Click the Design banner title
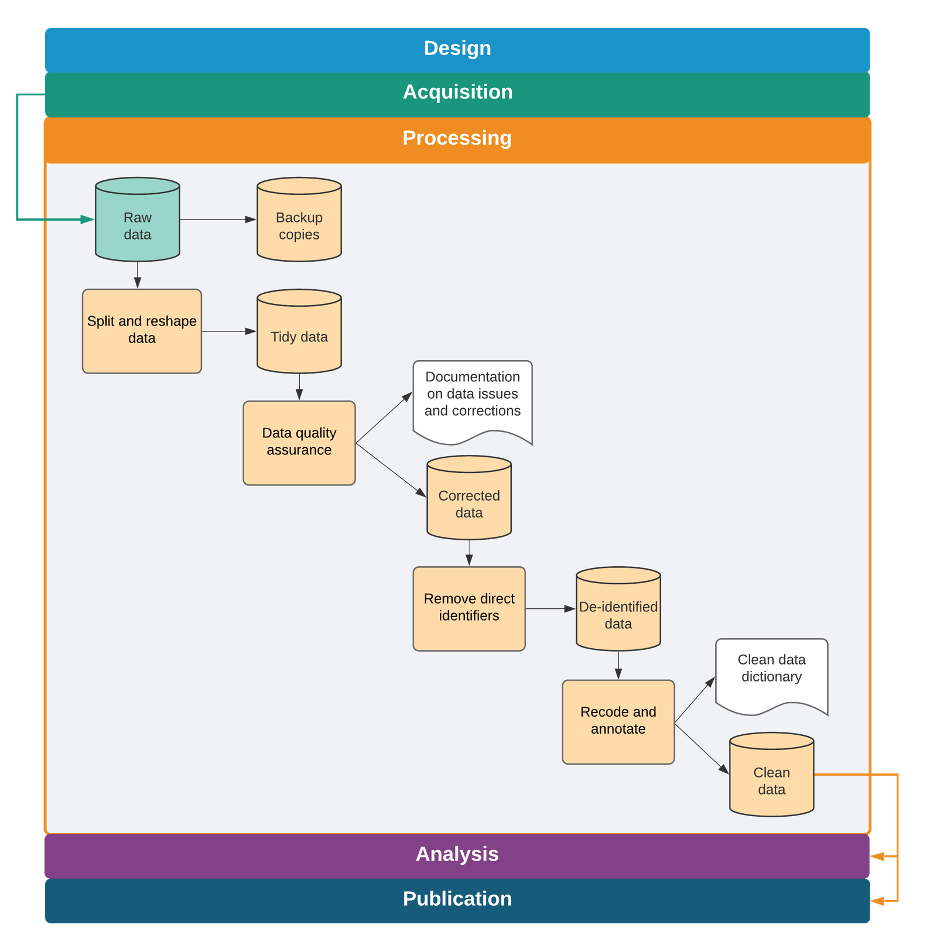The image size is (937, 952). pyautogui.click(x=457, y=48)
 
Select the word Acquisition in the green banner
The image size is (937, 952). pyautogui.click(x=457, y=92)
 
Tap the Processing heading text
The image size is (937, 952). pyautogui.click(x=457, y=138)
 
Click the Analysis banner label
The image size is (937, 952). pyautogui.click(x=457, y=854)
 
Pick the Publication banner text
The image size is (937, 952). pyautogui.click(x=457, y=899)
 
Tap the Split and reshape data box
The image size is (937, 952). pyautogui.click(x=142, y=331)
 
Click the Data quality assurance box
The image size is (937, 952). pyautogui.click(x=299, y=442)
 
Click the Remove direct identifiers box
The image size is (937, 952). pyautogui.click(x=469, y=608)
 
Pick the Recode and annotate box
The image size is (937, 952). pyautogui.click(x=618, y=721)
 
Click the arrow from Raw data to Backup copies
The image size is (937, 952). pyautogui.click(x=218, y=220)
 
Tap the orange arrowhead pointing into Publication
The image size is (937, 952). pyautogui.click(x=877, y=902)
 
